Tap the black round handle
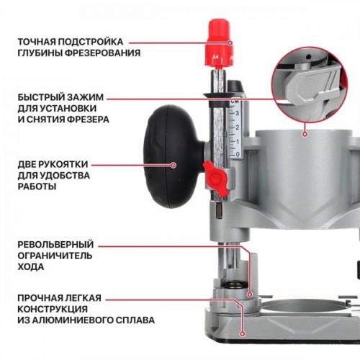pyautogui.click(x=174, y=156)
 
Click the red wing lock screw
pyautogui.click(x=215, y=177)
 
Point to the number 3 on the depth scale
pyautogui.click(x=237, y=113)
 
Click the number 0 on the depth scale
pyautogui.click(x=238, y=154)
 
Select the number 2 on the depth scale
pyautogui.click(x=237, y=127)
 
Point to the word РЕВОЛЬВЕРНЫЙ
pyautogui.click(x=55, y=245)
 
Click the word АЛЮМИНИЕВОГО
pyautogui.click(x=70, y=320)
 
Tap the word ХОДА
pyautogui.click(x=31, y=266)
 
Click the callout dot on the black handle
pyautogui.click(x=174, y=165)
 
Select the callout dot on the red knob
pyautogui.click(x=230, y=43)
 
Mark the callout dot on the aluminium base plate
pyautogui.click(x=243, y=334)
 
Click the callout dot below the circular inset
pyautogui.click(x=305, y=134)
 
